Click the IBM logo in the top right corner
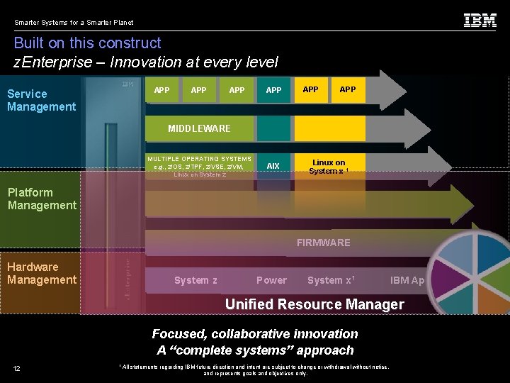480,21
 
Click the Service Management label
41,100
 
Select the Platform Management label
42,199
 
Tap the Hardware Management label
42,273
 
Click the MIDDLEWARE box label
199,128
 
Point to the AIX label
273,166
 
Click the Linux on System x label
329,167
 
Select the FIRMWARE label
323,243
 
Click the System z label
195,280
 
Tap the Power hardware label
271,280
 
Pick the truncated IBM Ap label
407,280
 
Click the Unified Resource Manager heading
314,304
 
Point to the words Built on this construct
87,43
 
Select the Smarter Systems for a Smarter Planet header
74,22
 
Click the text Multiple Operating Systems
199,159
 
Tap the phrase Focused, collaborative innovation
255,333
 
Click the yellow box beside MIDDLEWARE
329,128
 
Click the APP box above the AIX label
273,90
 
